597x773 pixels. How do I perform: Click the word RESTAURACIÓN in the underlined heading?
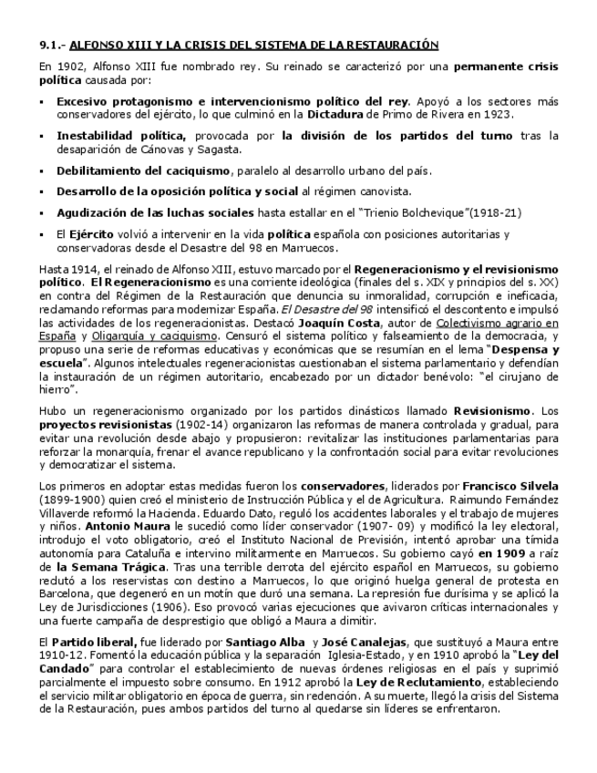click(x=395, y=44)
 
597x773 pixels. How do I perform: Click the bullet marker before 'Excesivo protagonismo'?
click(x=43, y=101)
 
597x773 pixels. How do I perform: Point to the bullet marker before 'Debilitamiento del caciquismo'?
click(x=43, y=170)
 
